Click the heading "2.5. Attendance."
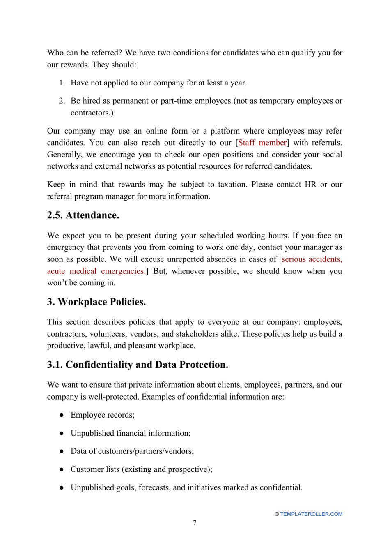(83, 215)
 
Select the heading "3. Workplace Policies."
(96, 302)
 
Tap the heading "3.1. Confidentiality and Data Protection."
(138, 365)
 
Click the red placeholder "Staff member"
(262, 143)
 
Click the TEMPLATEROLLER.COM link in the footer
(311, 514)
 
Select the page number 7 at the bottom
(195, 523)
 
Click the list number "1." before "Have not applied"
(62, 83)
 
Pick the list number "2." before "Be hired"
(62, 101)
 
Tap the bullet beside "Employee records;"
(62, 415)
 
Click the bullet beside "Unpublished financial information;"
(62, 433)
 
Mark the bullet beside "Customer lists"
(62, 469)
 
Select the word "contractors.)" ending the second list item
(92, 113)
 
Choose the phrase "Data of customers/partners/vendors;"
(132, 451)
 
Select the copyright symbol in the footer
(277, 514)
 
